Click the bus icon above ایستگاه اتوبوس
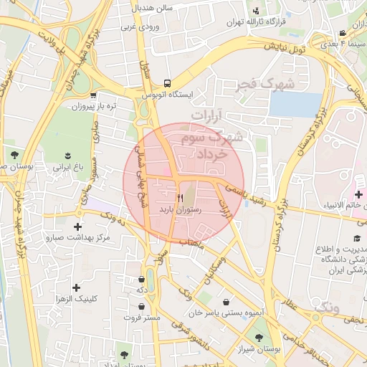click(x=167, y=82)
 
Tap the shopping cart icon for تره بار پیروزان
click(x=94, y=95)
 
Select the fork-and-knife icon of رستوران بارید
click(x=181, y=197)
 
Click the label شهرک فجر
click(x=266, y=85)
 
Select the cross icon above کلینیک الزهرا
click(x=76, y=287)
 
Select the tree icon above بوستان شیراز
click(x=258, y=338)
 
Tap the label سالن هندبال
click(x=152, y=7)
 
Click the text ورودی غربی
click(x=138, y=27)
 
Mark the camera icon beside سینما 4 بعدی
click(x=344, y=33)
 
